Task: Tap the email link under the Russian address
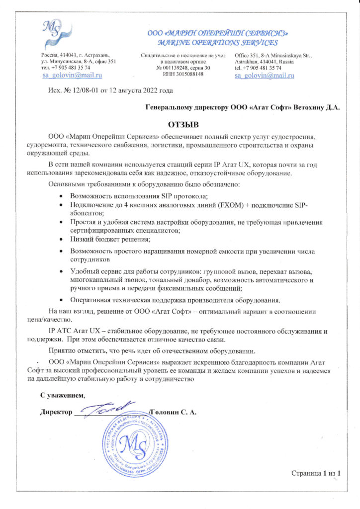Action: (72, 75)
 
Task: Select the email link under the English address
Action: (264, 75)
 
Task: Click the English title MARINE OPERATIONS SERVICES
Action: (217, 42)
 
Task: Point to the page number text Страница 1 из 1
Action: (316, 473)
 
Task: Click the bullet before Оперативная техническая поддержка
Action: (61, 300)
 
